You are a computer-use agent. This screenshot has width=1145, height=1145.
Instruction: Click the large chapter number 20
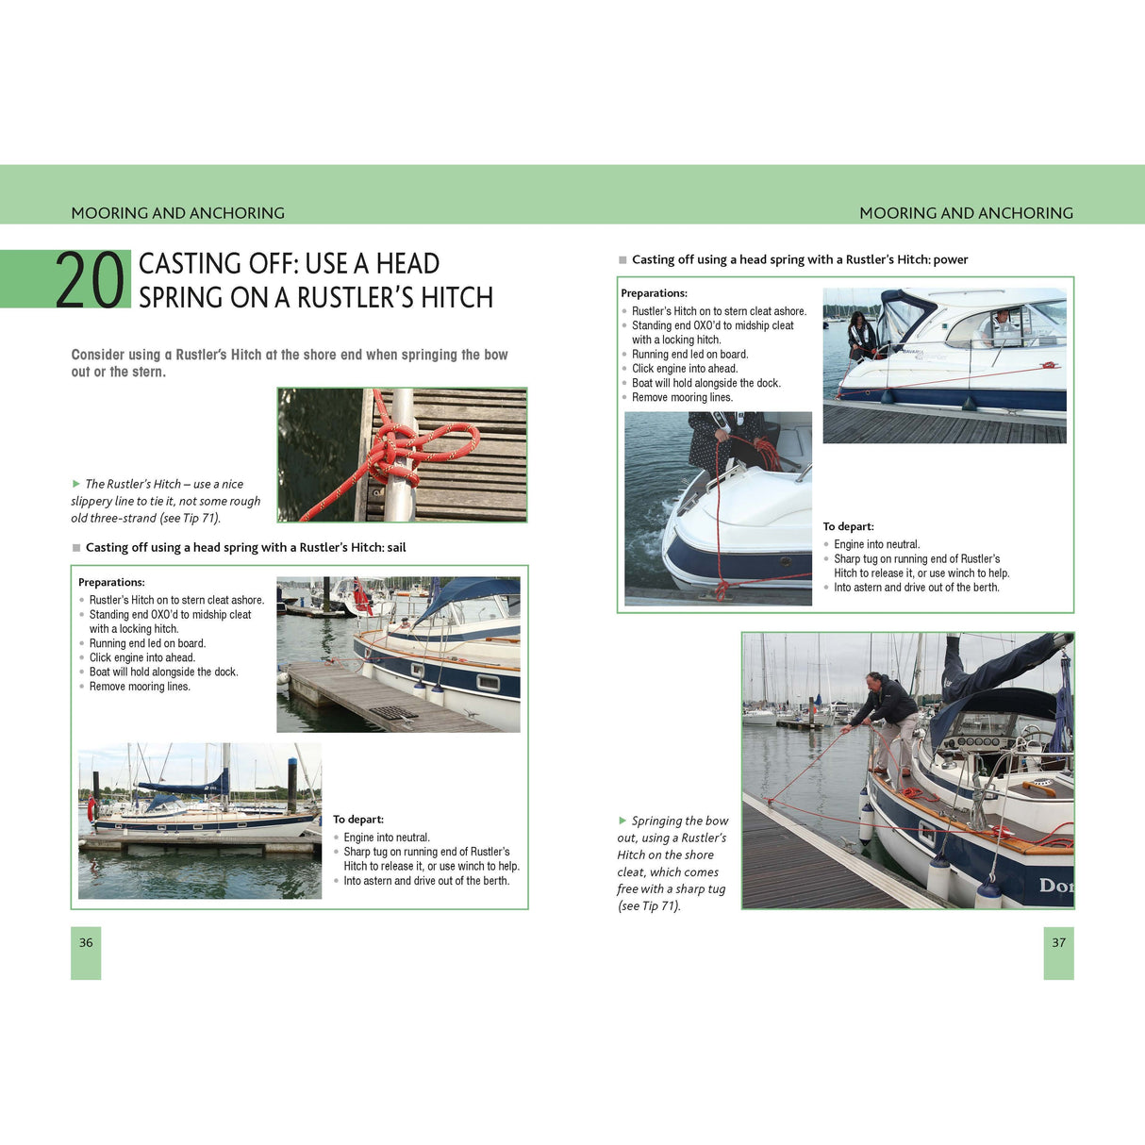(91, 280)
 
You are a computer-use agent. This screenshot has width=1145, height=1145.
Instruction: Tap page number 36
(86, 942)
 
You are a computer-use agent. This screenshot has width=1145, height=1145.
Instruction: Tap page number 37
(1058, 942)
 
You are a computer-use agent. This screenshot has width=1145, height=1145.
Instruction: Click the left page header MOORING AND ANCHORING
(177, 213)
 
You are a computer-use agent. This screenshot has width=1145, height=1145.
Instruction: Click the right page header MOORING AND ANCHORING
(966, 213)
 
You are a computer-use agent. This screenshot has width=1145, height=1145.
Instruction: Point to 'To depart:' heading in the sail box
(358, 820)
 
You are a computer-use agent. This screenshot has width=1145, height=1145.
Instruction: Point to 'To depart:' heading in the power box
(848, 526)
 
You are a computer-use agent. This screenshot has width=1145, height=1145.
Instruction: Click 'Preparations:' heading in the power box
(654, 293)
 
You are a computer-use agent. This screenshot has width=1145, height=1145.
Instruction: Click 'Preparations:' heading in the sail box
(111, 582)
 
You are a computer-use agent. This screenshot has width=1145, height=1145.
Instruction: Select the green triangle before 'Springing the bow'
(622, 821)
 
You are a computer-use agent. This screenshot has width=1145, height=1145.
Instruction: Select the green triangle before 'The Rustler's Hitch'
(76, 484)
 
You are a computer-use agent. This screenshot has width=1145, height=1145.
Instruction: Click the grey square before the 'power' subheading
(622, 259)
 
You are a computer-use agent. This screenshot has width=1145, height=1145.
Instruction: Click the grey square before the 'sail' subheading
(76, 547)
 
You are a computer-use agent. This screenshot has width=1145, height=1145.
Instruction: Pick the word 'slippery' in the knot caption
(91, 501)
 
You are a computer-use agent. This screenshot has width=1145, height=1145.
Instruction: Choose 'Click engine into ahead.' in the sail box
(142, 657)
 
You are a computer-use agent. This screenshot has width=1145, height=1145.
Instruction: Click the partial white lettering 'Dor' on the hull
(1055, 886)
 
